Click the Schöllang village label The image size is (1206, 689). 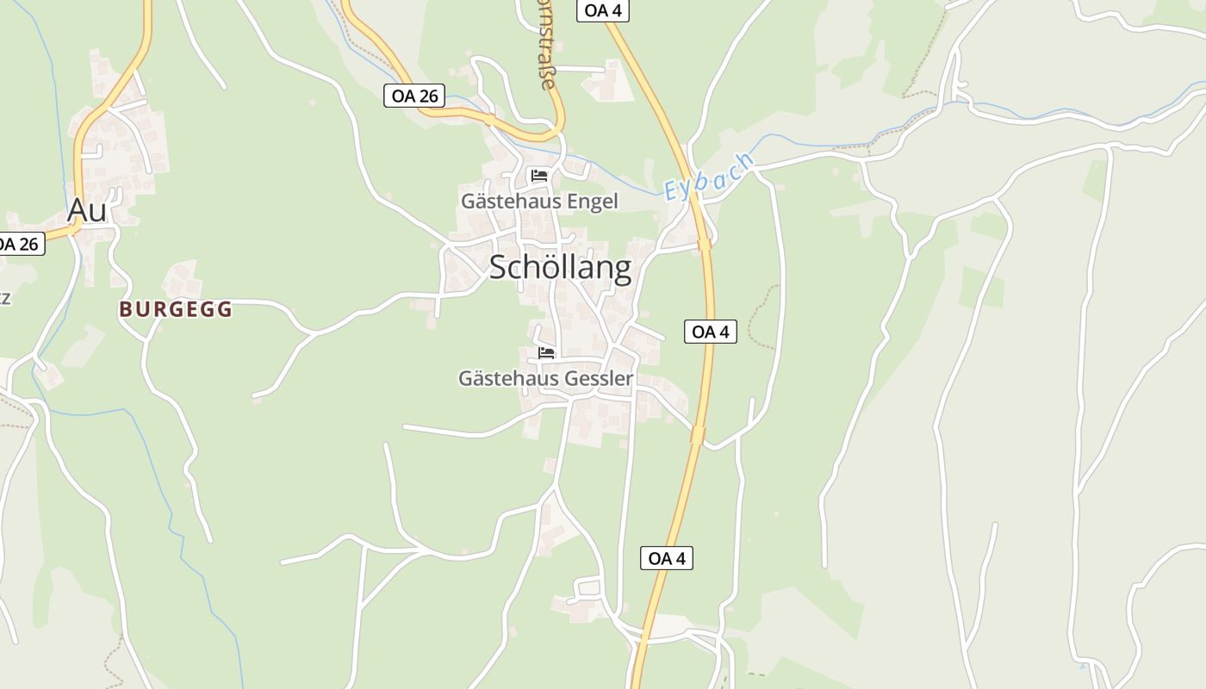click(x=560, y=268)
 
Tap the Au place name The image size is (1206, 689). click(x=87, y=210)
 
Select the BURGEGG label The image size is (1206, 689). click(x=176, y=310)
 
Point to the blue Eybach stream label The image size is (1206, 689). click(x=709, y=177)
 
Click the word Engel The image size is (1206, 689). click(x=590, y=202)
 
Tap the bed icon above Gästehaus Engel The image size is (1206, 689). click(x=540, y=176)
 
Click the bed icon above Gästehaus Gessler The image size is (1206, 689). click(x=546, y=352)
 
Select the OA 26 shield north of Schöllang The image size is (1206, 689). click(x=414, y=96)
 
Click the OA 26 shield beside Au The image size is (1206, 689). click(x=19, y=244)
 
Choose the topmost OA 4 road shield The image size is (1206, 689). click(x=602, y=10)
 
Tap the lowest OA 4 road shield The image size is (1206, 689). click(x=667, y=558)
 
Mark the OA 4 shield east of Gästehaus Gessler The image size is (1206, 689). click(x=711, y=332)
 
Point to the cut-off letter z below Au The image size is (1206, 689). click(x=4, y=298)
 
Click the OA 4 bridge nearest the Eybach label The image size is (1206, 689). click(x=705, y=244)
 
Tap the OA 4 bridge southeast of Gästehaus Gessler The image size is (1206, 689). click(x=697, y=435)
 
